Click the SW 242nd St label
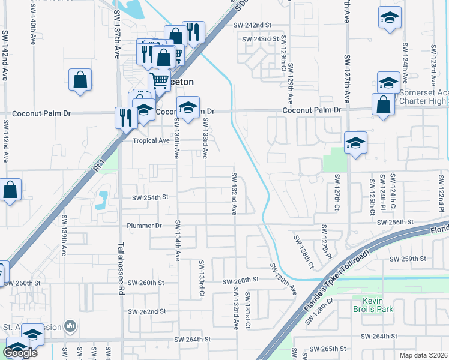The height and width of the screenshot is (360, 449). [253, 25]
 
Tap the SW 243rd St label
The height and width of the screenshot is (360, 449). [261, 39]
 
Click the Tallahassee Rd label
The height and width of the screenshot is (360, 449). [121, 269]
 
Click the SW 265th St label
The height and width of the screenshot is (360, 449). [330, 349]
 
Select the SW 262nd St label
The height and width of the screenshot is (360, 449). [146, 311]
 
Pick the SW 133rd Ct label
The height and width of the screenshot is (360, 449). [202, 278]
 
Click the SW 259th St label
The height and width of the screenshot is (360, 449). [408, 259]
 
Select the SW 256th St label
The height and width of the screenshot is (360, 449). [396, 222]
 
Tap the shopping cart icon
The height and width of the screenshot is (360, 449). [159, 79]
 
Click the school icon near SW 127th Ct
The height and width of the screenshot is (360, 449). [355, 143]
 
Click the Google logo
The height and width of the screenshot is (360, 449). [20, 353]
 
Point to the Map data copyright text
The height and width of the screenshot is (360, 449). [424, 355]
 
